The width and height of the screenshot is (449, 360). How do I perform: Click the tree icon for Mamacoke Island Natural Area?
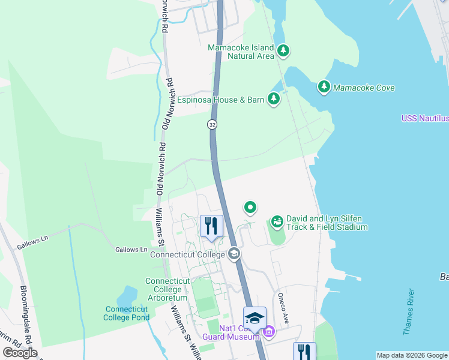tap(283, 52)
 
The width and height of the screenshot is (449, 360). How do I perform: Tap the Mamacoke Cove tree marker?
tap(324, 88)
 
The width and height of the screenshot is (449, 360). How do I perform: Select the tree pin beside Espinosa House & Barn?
tap(274, 99)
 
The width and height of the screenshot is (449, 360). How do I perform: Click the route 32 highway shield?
tap(212, 124)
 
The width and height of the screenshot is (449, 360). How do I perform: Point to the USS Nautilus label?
tap(425, 119)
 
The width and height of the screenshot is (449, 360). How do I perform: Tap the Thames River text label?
tap(408, 310)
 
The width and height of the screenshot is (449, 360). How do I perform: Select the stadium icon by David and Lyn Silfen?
tap(277, 223)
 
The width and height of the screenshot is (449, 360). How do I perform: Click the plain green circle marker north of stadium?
tap(250, 208)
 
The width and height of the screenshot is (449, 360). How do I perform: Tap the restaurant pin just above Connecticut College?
tap(211, 226)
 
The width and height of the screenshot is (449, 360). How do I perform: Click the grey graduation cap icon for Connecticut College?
tap(234, 254)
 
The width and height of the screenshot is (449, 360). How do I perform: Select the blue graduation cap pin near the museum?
tap(255, 317)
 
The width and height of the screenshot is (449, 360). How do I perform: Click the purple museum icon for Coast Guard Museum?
tap(268, 331)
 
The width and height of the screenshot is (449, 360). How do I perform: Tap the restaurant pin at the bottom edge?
tap(304, 352)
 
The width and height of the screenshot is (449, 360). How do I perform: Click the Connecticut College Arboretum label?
tap(167, 290)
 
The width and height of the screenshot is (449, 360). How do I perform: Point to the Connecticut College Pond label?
tap(127, 313)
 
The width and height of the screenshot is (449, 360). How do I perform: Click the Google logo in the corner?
tap(20, 353)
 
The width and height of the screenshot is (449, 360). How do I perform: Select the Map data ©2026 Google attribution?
tap(412, 355)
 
